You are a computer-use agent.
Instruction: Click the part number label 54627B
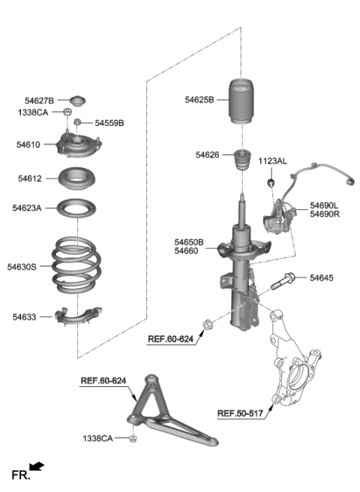click(x=40, y=100)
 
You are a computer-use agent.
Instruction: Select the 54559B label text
click(x=109, y=123)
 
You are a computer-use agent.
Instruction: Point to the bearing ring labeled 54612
click(x=76, y=180)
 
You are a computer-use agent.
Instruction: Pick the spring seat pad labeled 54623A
click(x=76, y=208)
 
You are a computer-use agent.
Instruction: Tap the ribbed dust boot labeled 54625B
click(x=242, y=108)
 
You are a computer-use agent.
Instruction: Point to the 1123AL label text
click(x=273, y=161)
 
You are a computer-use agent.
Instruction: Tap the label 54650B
click(x=189, y=242)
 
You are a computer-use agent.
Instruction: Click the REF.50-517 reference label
click(x=241, y=412)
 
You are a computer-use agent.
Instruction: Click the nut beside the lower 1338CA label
click(x=133, y=437)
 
